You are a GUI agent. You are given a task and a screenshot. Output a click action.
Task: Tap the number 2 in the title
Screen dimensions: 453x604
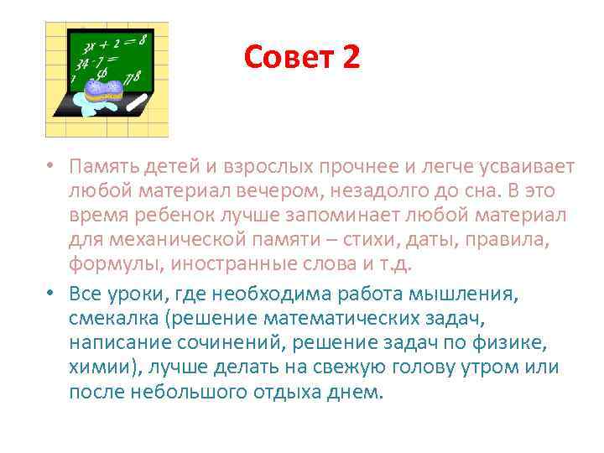tap(351, 57)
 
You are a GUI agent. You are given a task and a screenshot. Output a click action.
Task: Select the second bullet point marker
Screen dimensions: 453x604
tap(50, 294)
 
